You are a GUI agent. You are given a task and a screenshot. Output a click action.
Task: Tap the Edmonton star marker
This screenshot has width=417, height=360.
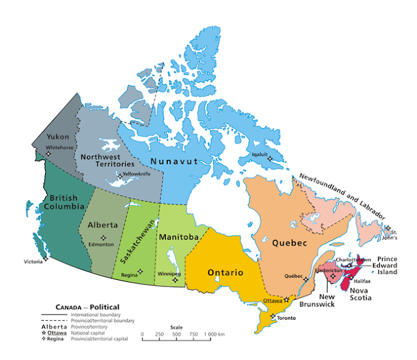[103, 237]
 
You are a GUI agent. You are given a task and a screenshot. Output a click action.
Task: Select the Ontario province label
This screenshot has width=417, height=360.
[225, 272]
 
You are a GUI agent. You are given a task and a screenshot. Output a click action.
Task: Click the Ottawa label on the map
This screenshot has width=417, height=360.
[272, 301]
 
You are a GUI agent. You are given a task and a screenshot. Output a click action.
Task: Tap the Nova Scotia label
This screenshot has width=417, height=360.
[360, 294]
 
